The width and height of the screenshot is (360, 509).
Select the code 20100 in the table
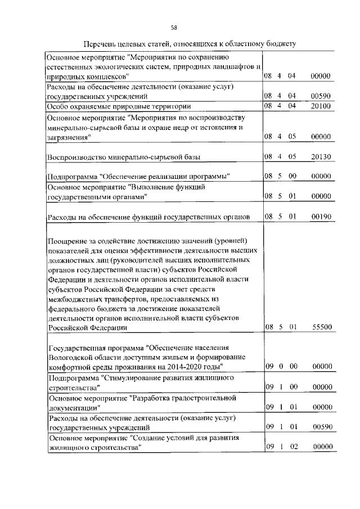coord(321,106)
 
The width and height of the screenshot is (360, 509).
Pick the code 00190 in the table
coord(321,215)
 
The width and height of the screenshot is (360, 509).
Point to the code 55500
coord(321,327)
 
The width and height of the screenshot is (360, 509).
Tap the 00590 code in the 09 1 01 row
coord(321,427)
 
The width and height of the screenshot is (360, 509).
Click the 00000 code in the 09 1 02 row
coord(321,447)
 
